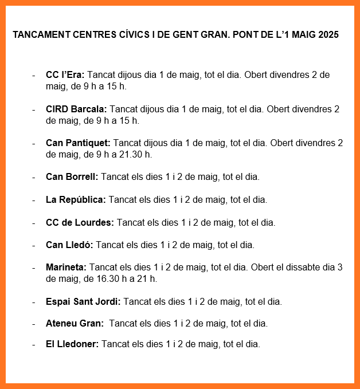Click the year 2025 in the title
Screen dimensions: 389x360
coord(327,35)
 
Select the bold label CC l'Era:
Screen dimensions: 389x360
coord(65,75)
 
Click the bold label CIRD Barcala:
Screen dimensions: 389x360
coord(76,109)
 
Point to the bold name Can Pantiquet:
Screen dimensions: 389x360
coord(78,143)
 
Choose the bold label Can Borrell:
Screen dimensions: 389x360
coord(72,176)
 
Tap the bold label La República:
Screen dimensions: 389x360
coord(76,199)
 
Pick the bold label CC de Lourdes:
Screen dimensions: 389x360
coord(80,222)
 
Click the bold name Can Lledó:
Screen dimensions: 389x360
coord(69,245)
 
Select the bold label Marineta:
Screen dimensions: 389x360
coord(66,267)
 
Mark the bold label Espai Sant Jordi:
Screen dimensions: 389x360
coord(83,301)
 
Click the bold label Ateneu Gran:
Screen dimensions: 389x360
coord(75,323)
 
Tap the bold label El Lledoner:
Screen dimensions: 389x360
coord(72,344)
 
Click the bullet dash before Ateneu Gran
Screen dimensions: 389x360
coord(34,323)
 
